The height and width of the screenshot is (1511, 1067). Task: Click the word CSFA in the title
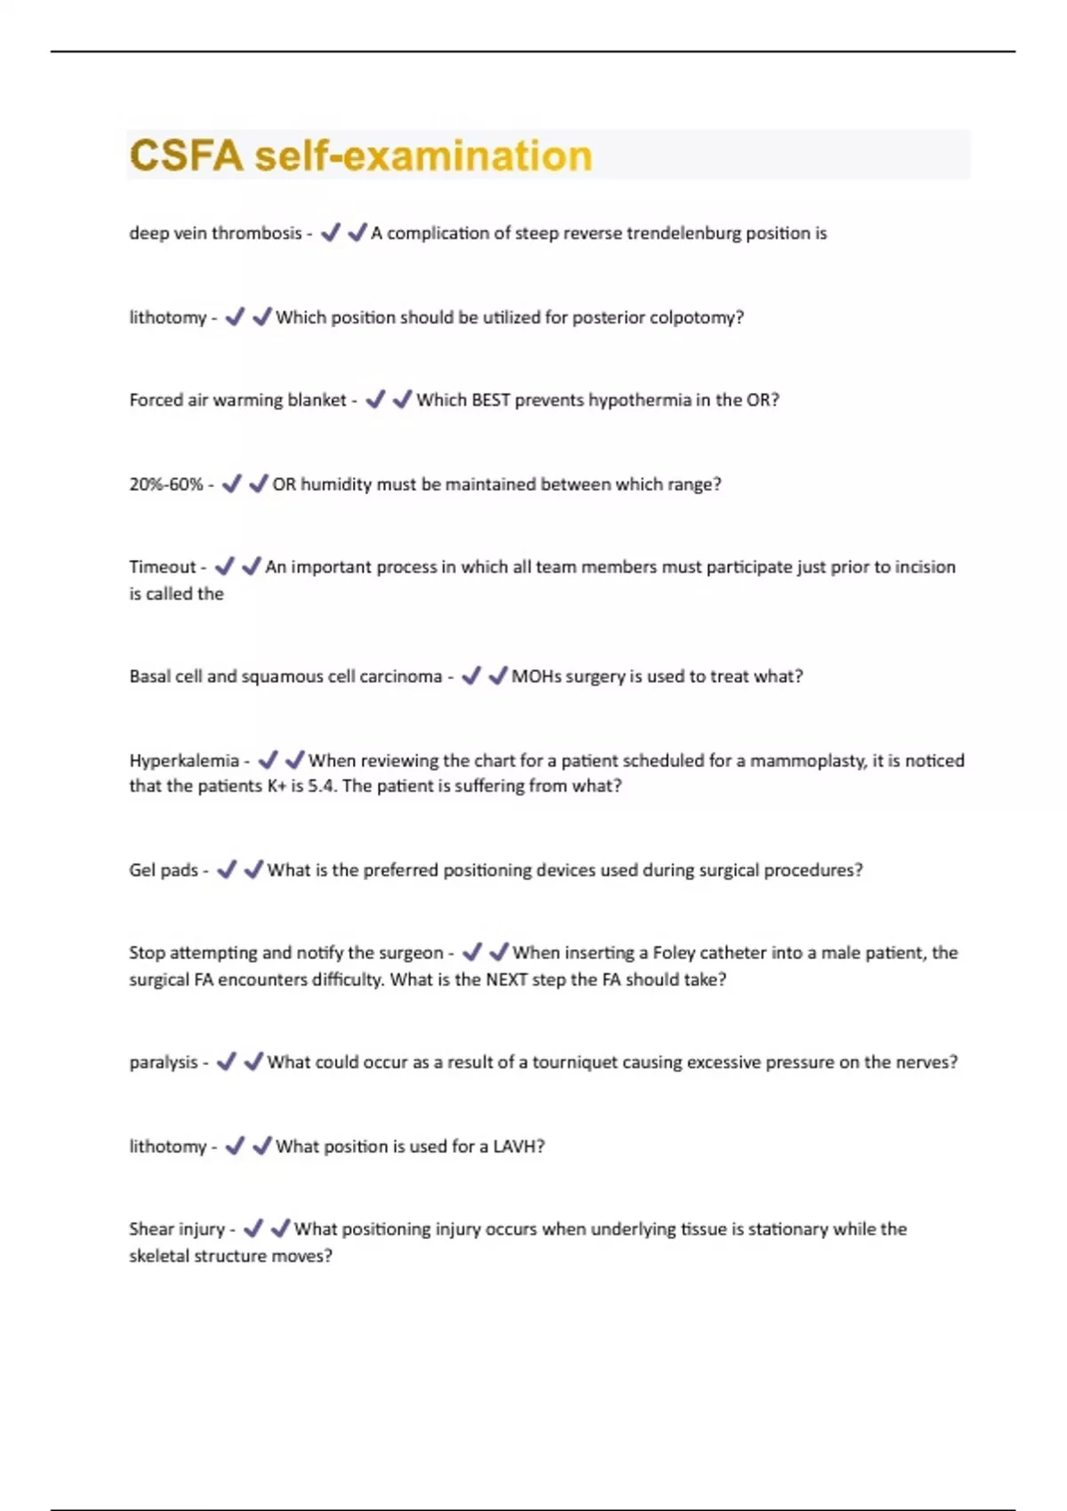185,156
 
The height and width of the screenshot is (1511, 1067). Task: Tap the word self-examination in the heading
423,156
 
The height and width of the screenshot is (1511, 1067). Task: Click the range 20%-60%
166,484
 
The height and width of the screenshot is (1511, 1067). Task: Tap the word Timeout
162,567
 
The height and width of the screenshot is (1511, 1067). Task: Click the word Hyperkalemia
184,761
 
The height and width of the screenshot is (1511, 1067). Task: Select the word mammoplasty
806,761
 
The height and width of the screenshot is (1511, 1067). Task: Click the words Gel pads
164,870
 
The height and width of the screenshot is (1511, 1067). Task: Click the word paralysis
164,1062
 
